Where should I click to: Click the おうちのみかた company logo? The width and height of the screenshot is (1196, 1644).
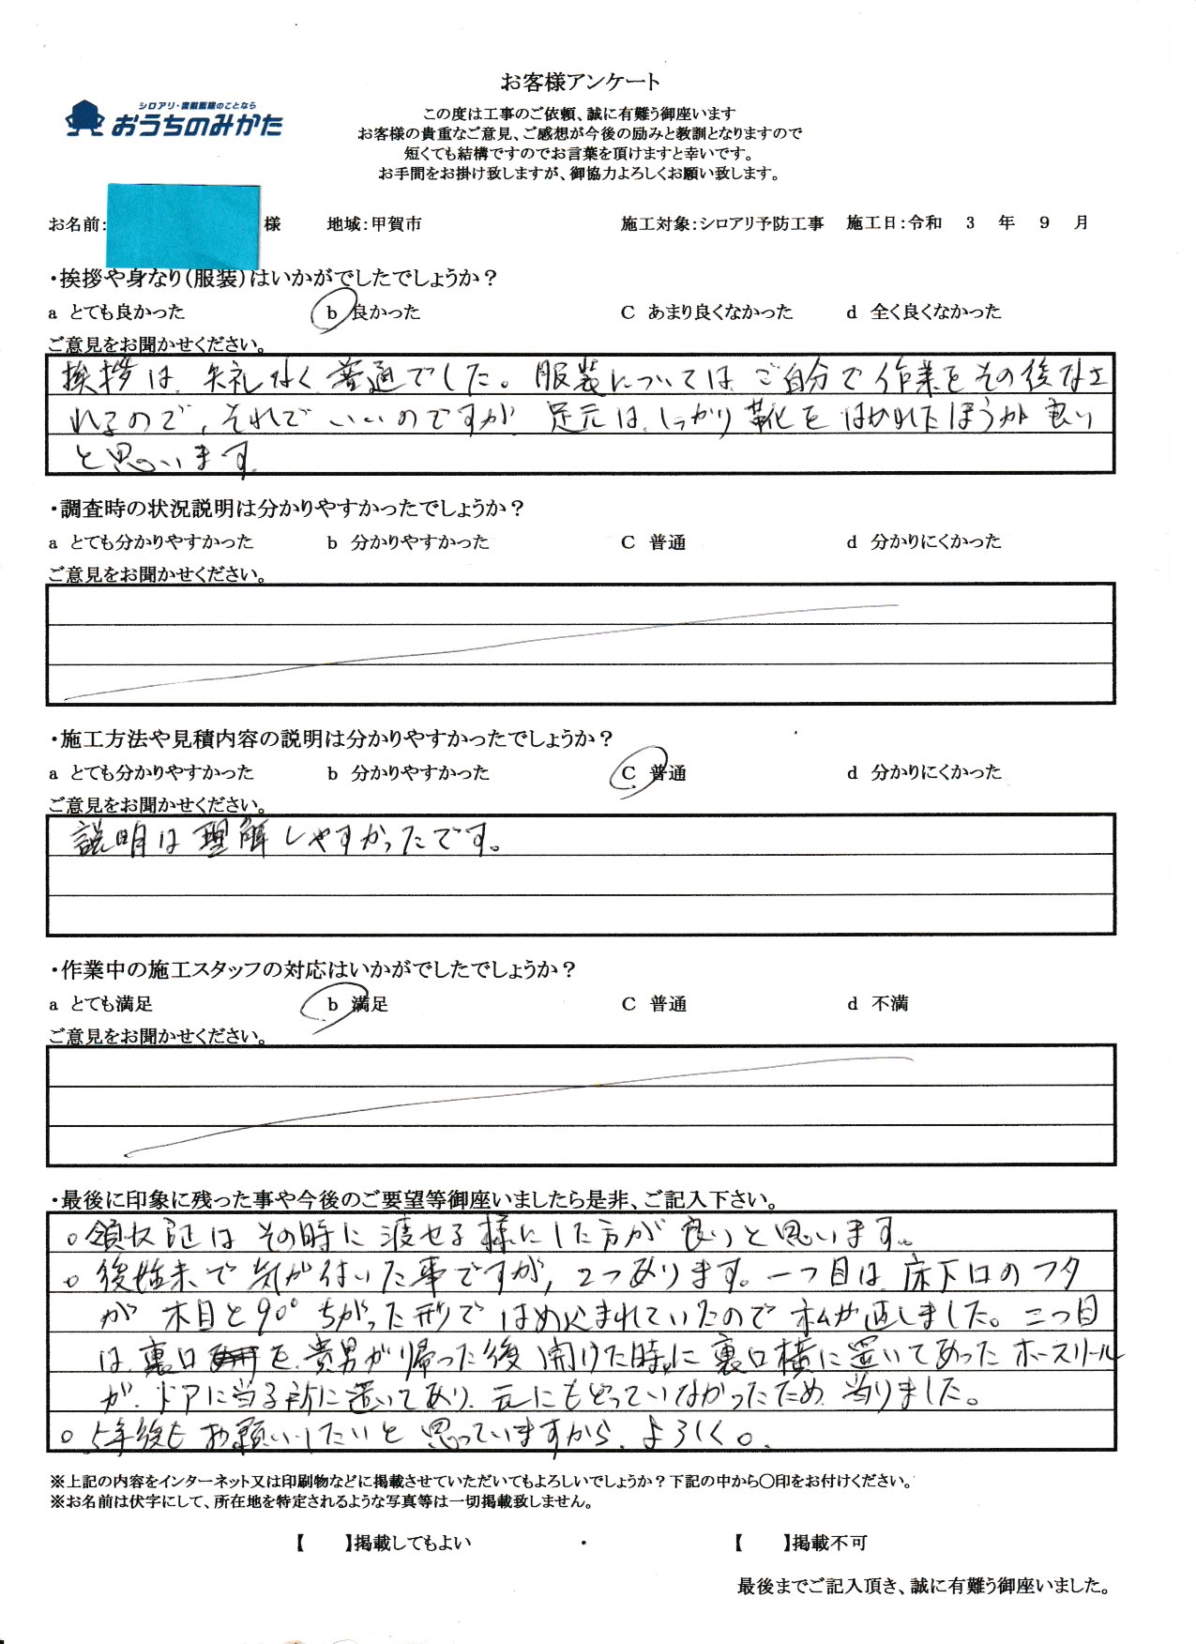(x=174, y=120)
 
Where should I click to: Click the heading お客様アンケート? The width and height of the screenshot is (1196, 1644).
(x=580, y=82)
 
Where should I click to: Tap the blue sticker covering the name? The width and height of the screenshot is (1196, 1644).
(x=183, y=225)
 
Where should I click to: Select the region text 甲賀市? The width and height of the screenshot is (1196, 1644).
(x=396, y=224)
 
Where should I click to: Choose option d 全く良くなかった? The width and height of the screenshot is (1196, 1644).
(x=924, y=312)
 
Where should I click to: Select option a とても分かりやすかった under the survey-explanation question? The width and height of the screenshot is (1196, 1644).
(x=151, y=542)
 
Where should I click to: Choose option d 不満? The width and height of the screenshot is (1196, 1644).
(x=878, y=1004)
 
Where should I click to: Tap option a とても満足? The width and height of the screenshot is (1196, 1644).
(x=101, y=1004)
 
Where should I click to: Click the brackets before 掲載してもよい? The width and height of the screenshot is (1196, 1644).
(x=321, y=1543)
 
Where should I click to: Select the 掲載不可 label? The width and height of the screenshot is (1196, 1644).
(x=830, y=1543)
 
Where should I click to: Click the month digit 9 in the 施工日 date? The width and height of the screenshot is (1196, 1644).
(x=1044, y=223)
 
